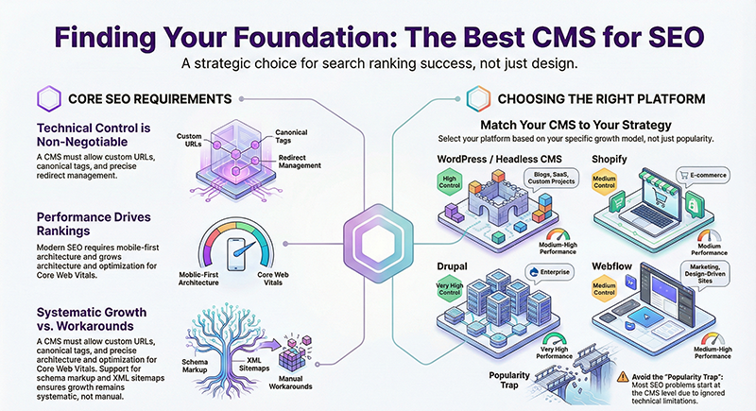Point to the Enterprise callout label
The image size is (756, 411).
pyautogui.click(x=547, y=271)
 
